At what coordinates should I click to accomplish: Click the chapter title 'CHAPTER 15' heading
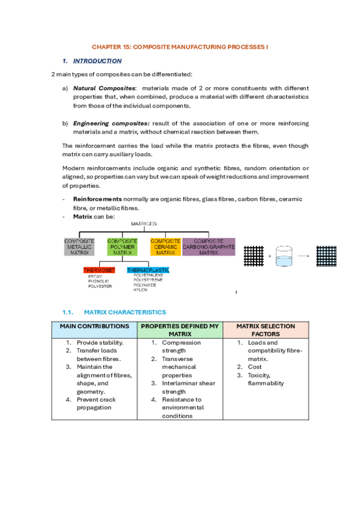[x=180, y=46]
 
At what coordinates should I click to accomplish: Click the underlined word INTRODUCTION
[x=97, y=61]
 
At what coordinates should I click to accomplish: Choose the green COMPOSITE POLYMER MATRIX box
[x=123, y=247]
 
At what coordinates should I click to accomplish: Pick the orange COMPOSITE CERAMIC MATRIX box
[x=166, y=247]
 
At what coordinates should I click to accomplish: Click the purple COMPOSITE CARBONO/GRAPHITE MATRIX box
[x=209, y=247]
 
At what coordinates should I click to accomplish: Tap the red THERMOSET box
[x=99, y=270]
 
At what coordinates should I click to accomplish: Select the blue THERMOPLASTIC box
[x=148, y=270]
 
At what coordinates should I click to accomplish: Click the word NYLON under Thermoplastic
[x=140, y=290]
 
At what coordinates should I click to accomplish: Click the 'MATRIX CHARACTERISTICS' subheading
[x=125, y=312]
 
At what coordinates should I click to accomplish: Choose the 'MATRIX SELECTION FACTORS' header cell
[x=265, y=330]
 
